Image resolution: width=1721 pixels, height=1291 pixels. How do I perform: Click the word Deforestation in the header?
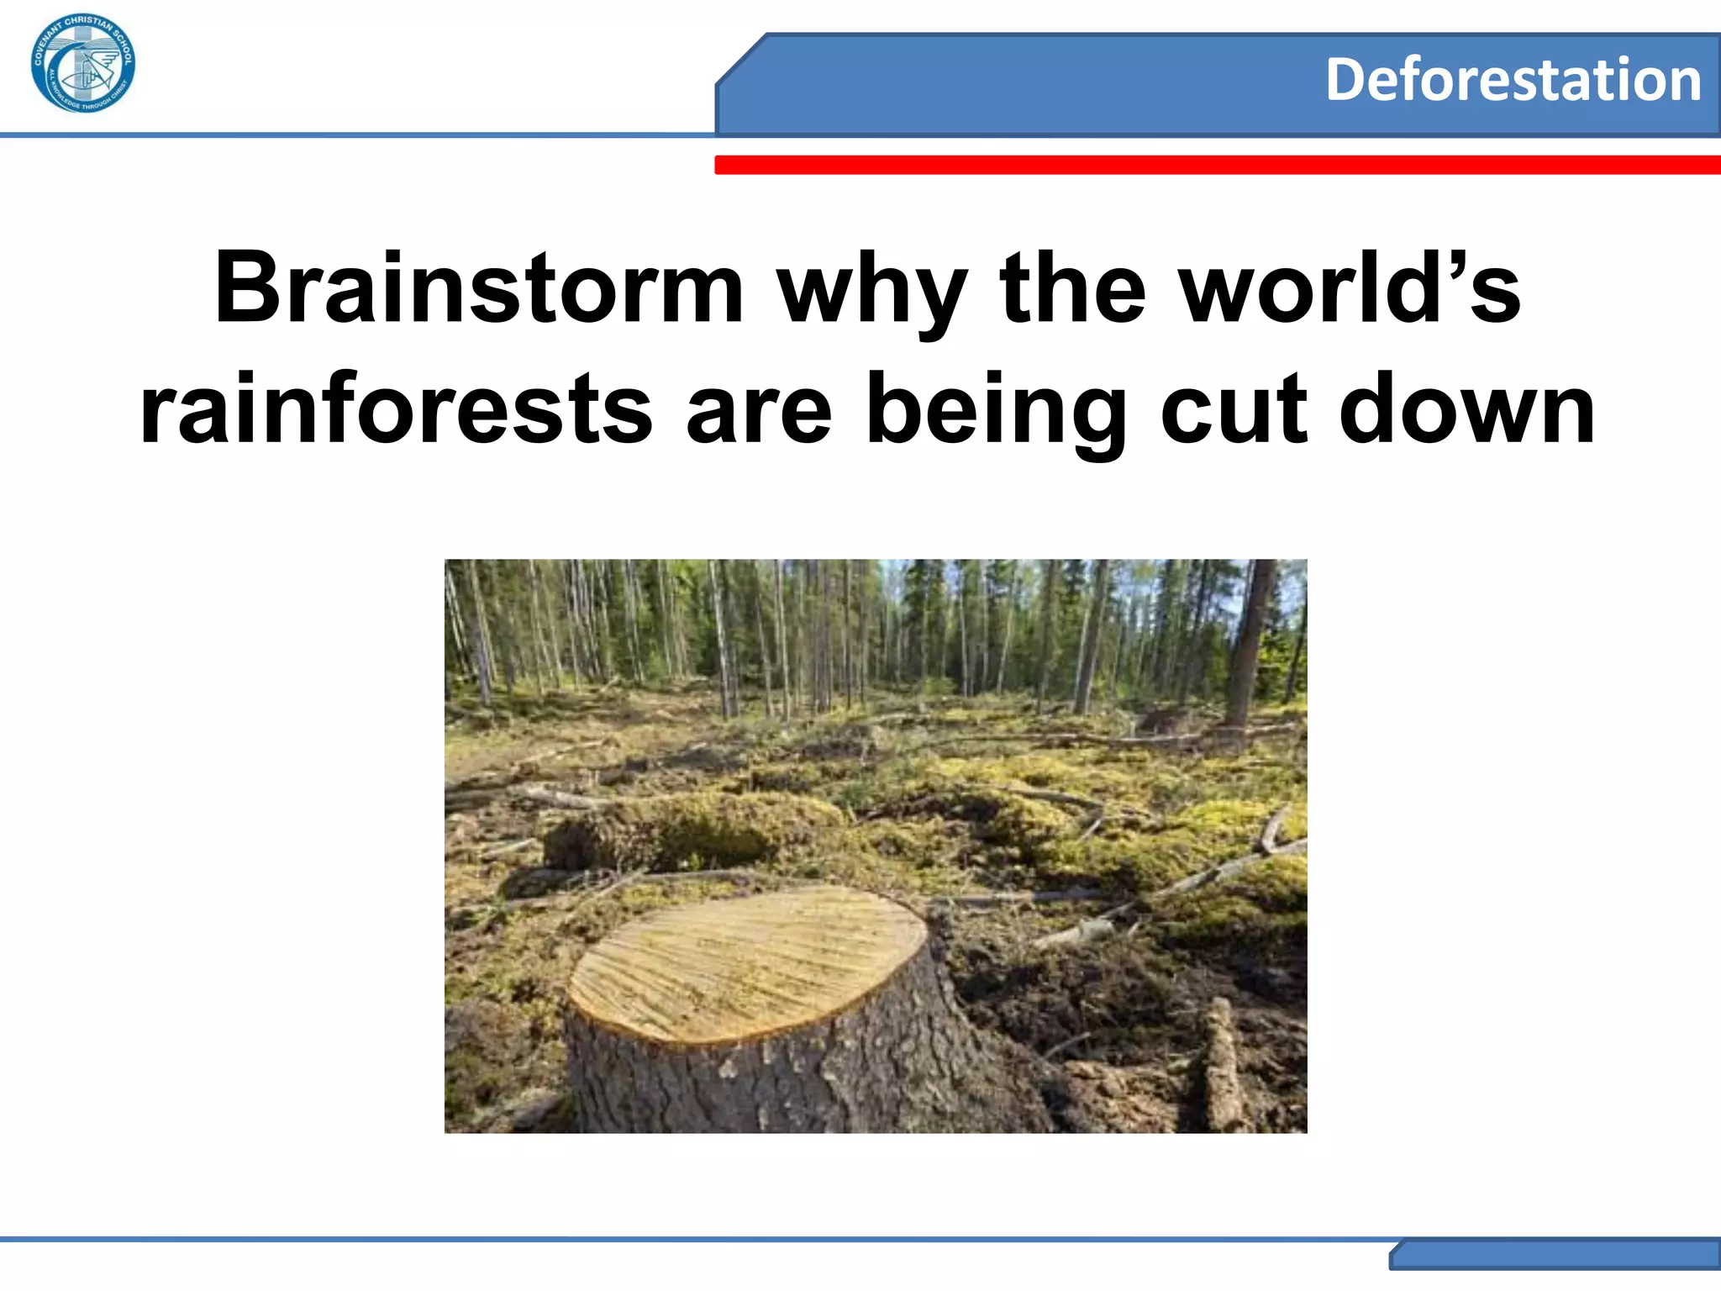point(1513,81)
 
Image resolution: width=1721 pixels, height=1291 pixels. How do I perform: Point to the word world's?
point(1350,288)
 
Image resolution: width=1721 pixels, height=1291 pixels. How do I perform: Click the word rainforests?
point(396,410)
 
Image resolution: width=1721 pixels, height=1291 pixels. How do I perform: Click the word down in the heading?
point(1466,410)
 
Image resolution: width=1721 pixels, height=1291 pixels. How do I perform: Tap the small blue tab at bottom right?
point(1555,1255)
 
